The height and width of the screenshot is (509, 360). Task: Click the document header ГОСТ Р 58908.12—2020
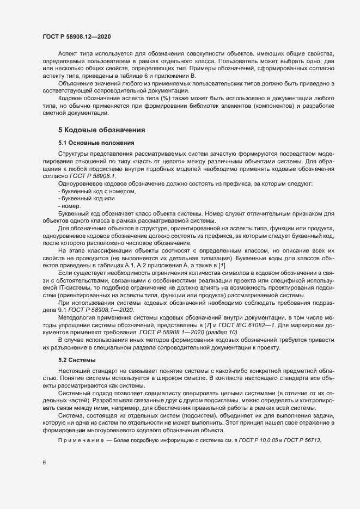click(x=77, y=36)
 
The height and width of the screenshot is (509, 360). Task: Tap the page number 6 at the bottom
click(x=44, y=462)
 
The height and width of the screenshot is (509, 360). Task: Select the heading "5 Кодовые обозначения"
click(x=101, y=130)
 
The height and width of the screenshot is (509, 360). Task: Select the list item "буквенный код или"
click(x=88, y=199)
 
